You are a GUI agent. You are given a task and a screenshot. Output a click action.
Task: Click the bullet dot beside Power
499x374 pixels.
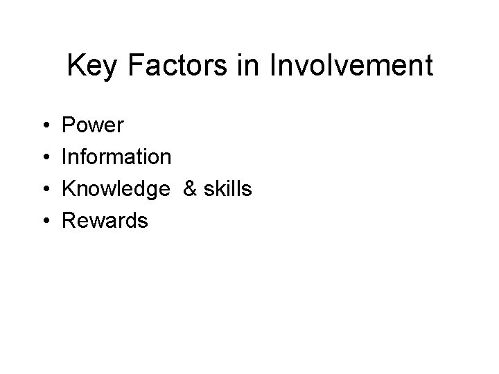click(44, 126)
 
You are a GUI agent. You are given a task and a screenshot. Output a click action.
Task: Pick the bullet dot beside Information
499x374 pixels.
click(44, 158)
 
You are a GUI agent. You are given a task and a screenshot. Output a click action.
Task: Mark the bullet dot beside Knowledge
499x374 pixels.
click(44, 190)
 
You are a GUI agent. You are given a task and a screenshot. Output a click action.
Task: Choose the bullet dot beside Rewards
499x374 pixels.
click(44, 222)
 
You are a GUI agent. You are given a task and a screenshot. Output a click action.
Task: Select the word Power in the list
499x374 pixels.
click(93, 125)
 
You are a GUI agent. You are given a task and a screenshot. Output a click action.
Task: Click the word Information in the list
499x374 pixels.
click(116, 157)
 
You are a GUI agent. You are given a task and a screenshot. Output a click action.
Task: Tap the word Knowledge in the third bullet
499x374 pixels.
click(116, 190)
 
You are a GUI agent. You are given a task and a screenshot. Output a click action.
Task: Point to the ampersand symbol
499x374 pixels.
click(190, 189)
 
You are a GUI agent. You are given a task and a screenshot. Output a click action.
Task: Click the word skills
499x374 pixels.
click(228, 189)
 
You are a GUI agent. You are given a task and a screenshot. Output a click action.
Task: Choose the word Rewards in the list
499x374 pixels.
click(105, 221)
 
